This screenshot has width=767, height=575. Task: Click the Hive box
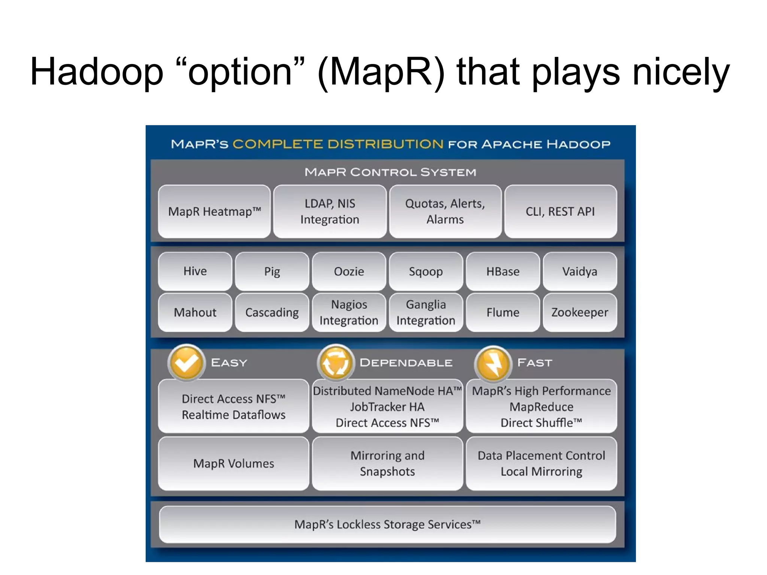coord(195,271)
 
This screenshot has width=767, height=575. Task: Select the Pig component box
coord(272,271)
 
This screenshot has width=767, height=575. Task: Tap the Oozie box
coord(349,271)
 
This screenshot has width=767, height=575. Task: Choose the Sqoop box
coord(426,271)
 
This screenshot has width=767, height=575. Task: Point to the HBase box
coord(503,271)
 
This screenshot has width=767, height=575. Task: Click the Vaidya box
coord(580,271)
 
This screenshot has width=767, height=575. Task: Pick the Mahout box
coord(195,312)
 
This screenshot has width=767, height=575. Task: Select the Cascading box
coord(272,312)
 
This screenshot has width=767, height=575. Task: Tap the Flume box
coord(503,312)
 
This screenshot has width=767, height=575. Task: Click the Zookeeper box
coord(580,312)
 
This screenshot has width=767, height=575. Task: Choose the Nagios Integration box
coord(349,312)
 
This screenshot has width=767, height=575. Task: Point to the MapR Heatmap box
coord(214,212)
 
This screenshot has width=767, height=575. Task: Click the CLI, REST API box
coord(560,212)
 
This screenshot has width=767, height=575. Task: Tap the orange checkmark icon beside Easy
coord(186,362)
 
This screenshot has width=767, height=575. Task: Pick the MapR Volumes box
coord(234,463)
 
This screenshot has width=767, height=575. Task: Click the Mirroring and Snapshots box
coord(387,463)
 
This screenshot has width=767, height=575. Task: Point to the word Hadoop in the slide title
coord(97,72)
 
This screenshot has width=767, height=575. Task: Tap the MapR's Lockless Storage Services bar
coord(387,524)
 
